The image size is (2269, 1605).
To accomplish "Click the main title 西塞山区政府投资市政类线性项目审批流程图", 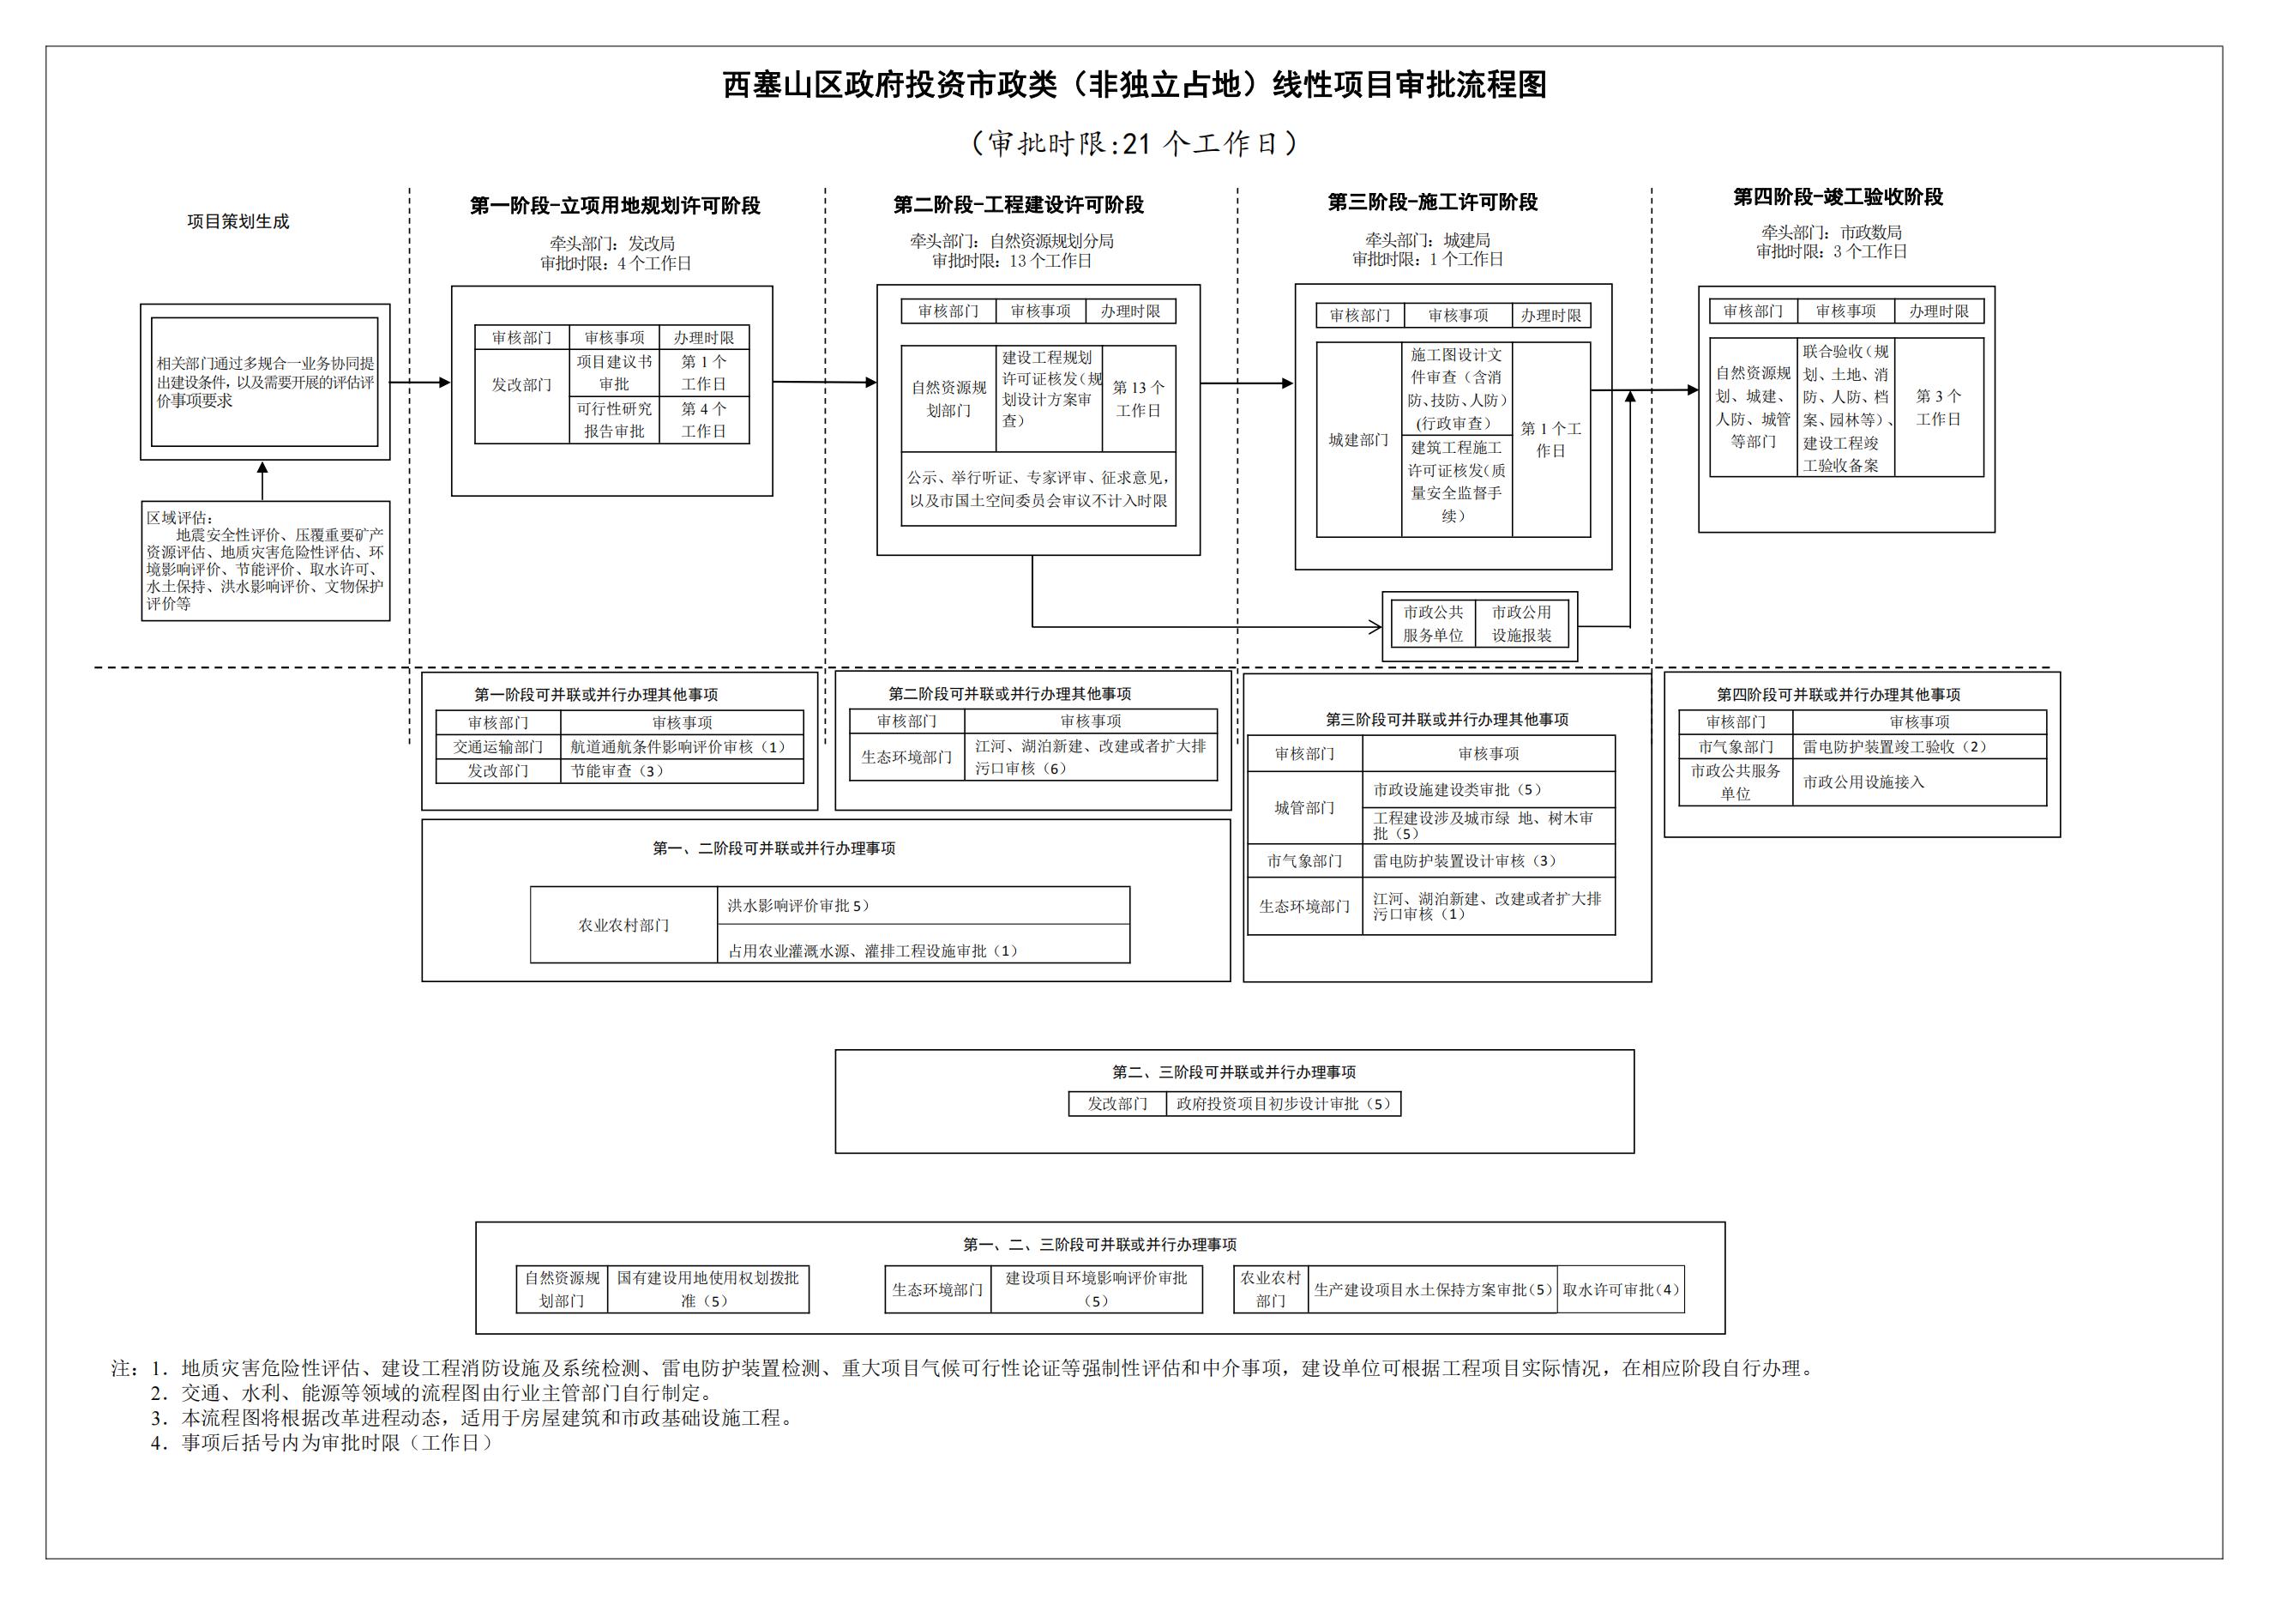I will pyautogui.click(x=1134, y=86).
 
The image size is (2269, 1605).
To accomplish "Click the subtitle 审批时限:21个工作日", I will pyautogui.click(x=1134, y=144).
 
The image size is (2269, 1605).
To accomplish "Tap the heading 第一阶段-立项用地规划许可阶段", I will pyautogui.click(x=615, y=206).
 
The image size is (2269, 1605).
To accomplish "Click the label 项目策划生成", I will pyautogui.click(x=238, y=221).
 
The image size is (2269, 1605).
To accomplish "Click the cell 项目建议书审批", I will pyautogui.click(x=614, y=372).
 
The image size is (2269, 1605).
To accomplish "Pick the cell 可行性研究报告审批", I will pyautogui.click(x=614, y=420).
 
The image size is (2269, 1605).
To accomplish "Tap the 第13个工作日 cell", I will pyautogui.click(x=1139, y=398).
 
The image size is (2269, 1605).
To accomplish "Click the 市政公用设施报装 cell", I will pyautogui.click(x=1521, y=624).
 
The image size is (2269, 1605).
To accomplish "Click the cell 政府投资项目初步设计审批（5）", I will pyautogui.click(x=1283, y=1104).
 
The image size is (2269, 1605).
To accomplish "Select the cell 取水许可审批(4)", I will pyautogui.click(x=1620, y=1289).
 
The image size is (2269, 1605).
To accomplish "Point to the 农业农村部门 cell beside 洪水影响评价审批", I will pyautogui.click(x=623, y=925).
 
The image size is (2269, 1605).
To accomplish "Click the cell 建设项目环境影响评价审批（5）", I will pyautogui.click(x=1096, y=1288).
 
